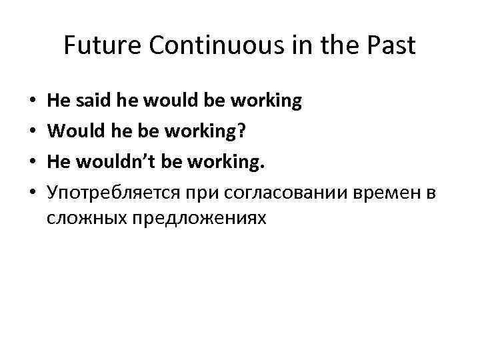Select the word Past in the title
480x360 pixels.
[x=389, y=46]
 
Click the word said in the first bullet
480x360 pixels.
[x=93, y=101]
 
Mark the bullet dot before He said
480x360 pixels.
[x=32, y=102]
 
